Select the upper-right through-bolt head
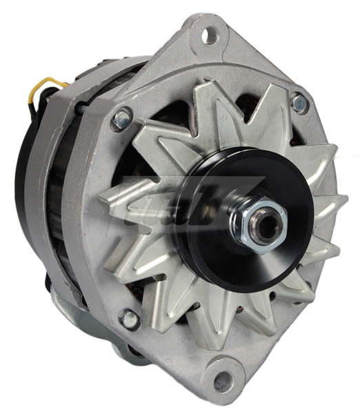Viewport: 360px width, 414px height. (299, 103)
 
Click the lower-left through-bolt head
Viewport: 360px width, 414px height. (128, 318)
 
